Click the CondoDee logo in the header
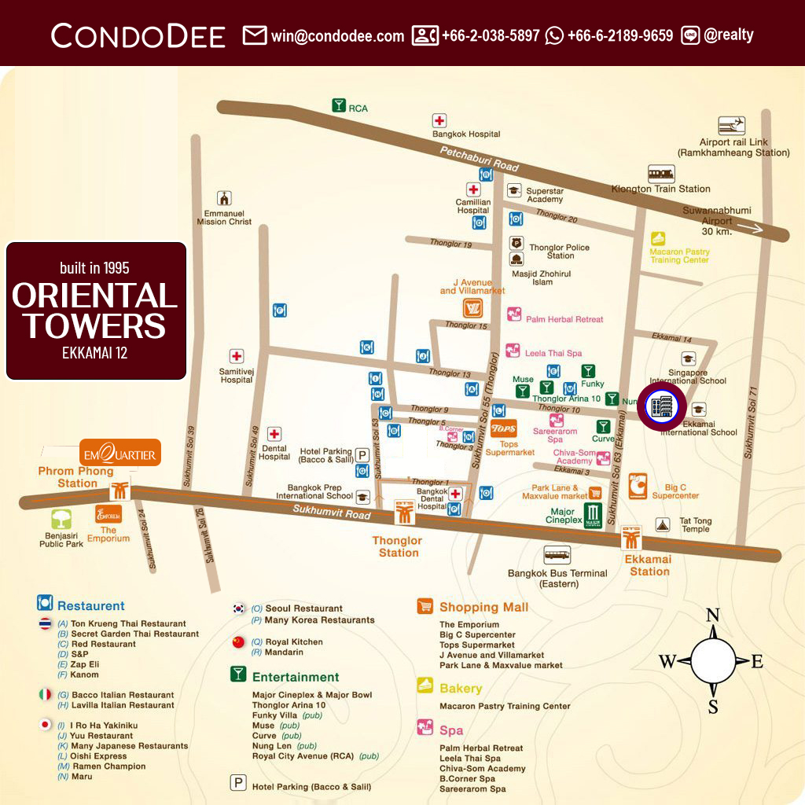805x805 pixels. coord(138,35)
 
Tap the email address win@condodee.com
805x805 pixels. coord(337,36)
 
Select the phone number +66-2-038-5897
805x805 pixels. coord(491,36)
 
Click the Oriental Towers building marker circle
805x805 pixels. coord(660,406)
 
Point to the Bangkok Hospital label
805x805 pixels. coord(466,134)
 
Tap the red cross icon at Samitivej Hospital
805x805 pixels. coord(236,356)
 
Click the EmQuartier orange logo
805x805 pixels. coord(120,454)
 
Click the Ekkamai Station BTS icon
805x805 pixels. coord(631,538)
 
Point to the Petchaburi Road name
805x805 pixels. coord(480,160)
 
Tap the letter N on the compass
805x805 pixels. coord(713,615)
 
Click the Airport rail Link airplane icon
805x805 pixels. coord(732,126)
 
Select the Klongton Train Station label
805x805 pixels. coord(660,189)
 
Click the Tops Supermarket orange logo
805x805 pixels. coord(503,429)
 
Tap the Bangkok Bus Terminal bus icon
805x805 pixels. coord(557,555)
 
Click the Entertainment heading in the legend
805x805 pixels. coord(296,677)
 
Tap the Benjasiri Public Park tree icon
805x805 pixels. coord(62,519)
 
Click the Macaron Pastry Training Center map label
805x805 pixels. coord(679,255)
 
